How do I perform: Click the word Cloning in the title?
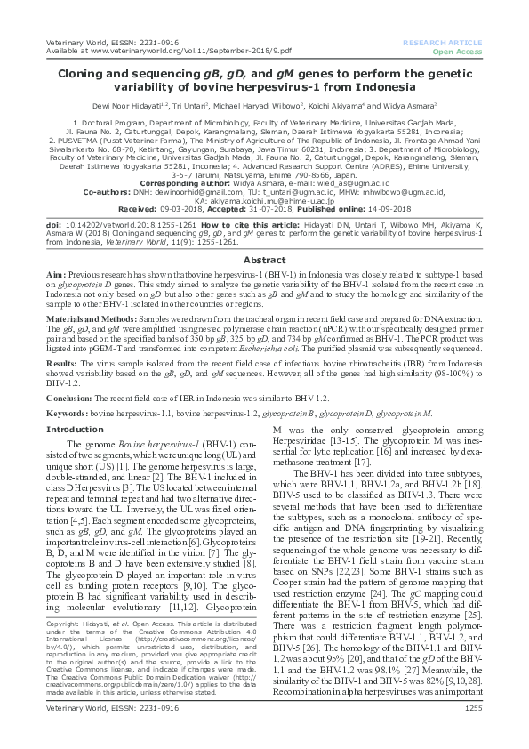coord(77,77)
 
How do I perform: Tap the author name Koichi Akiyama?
coord(365,103)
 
